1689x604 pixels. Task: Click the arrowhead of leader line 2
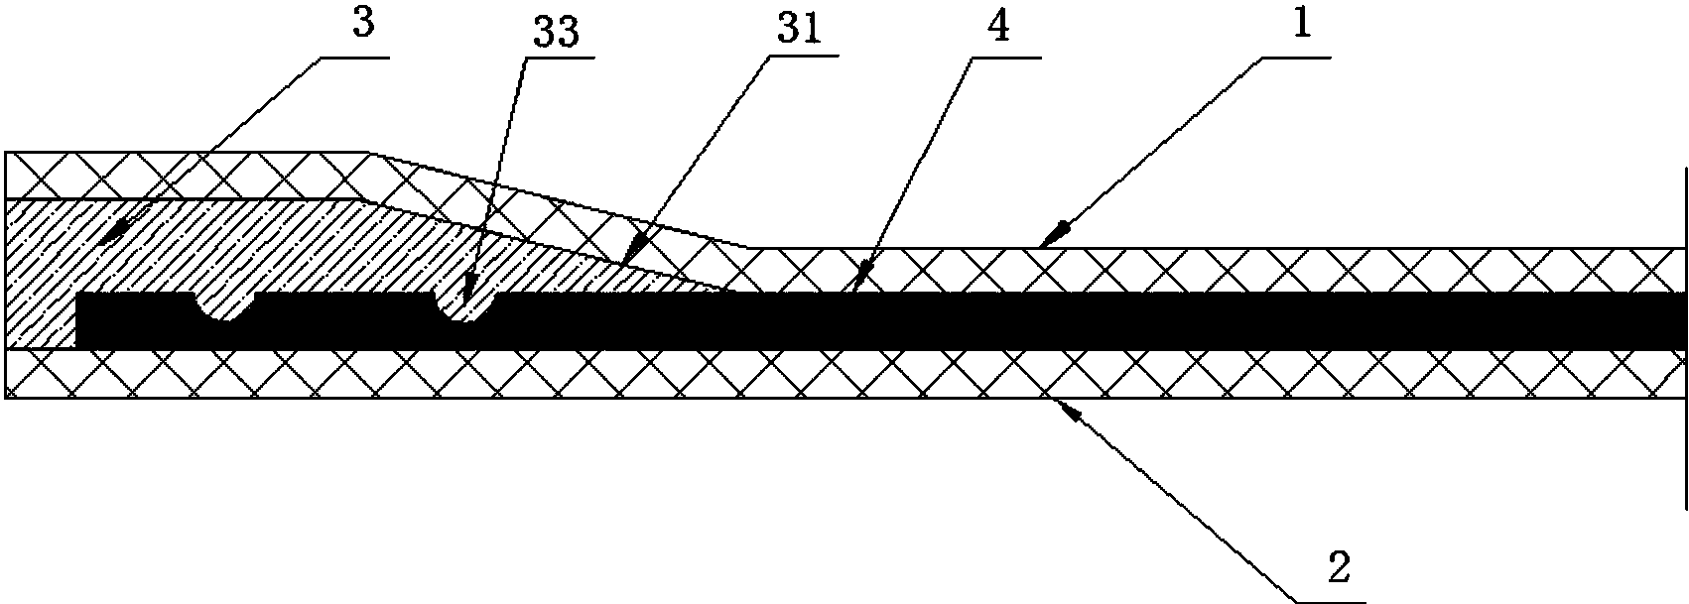pyautogui.click(x=1071, y=409)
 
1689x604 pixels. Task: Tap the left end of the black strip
pyautogui.click(x=77, y=320)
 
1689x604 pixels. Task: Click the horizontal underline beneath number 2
pyautogui.click(x=1332, y=602)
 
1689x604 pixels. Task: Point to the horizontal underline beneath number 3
pyautogui.click(x=351, y=57)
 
